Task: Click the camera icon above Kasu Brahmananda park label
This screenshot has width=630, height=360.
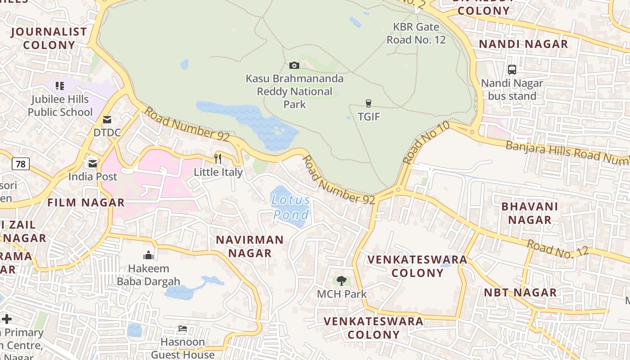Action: point(294,66)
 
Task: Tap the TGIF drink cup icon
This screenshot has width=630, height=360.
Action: point(369,103)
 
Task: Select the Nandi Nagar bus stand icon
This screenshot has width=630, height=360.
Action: point(512,70)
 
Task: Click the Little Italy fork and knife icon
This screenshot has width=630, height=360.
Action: point(218,158)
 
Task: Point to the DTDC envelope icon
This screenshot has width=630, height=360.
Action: point(107,120)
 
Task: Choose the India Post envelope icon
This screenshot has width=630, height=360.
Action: point(93,163)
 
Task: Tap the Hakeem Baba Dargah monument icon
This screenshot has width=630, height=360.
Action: point(148,256)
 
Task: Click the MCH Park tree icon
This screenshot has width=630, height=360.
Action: point(342,281)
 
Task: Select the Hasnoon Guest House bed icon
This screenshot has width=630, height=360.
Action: point(183,328)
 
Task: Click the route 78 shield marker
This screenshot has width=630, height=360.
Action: point(21,164)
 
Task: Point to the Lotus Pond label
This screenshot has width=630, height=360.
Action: point(291,207)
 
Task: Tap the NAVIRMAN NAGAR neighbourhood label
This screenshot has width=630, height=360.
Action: point(250,246)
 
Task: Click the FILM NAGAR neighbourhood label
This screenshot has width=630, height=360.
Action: point(86,202)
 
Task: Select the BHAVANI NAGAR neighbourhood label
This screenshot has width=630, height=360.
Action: point(530,213)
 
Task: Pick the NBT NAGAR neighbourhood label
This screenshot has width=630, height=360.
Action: point(520,292)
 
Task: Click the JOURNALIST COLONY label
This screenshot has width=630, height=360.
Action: point(49,38)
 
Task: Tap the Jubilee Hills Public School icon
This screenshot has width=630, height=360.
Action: point(60,85)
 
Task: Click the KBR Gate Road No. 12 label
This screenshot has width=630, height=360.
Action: point(416,33)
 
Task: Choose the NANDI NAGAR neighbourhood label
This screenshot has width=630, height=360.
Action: point(523,44)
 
